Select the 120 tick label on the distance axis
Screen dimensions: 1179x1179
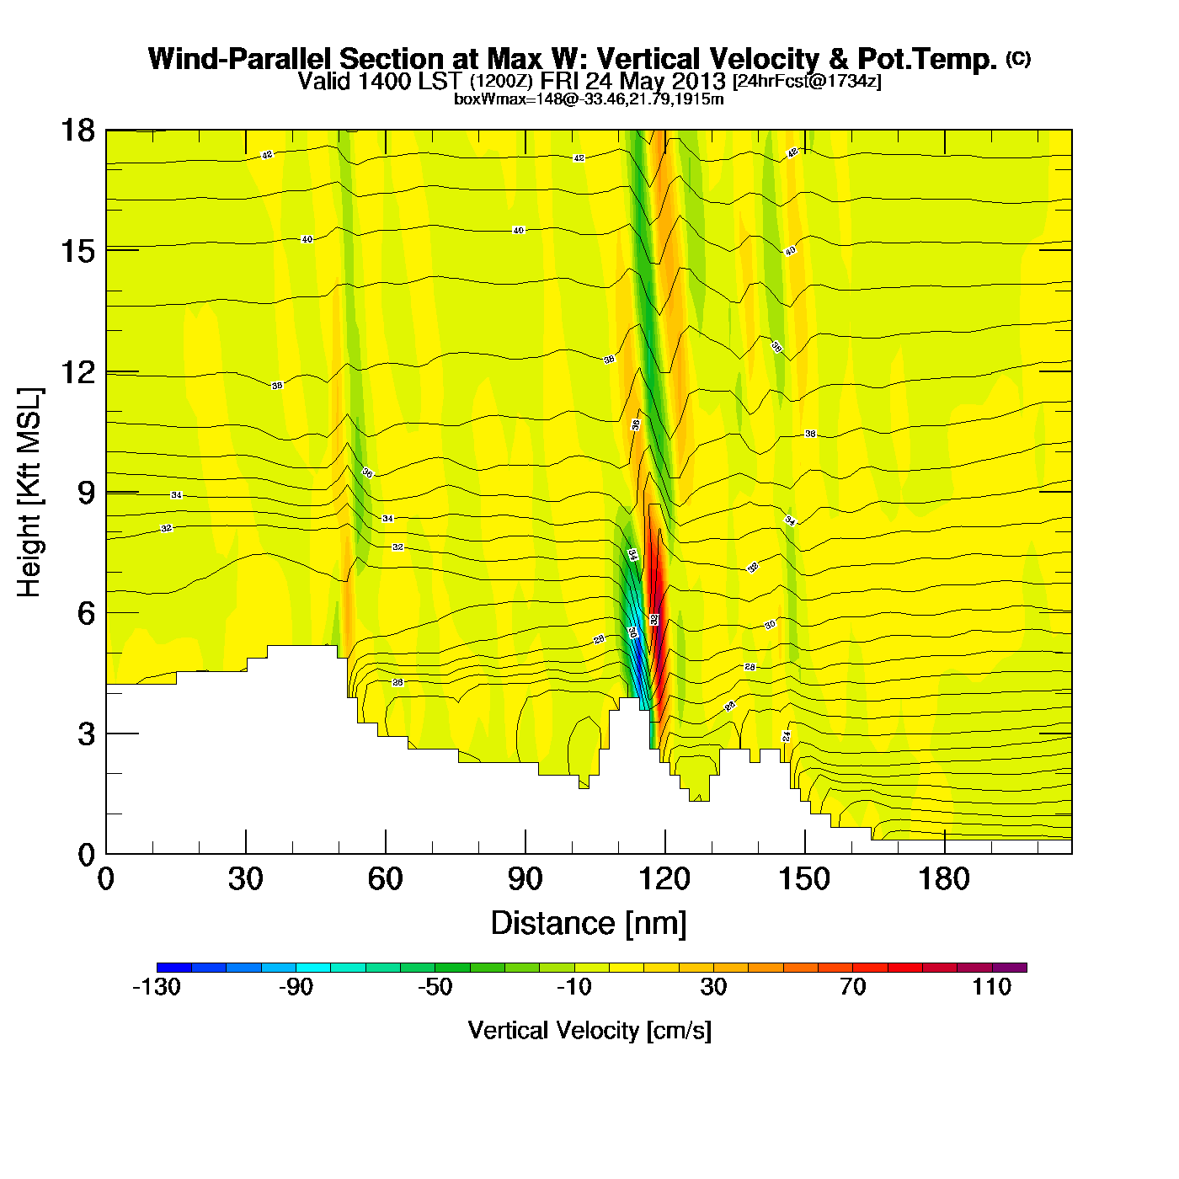pos(664,879)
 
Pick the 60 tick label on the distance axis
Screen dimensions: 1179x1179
pos(385,879)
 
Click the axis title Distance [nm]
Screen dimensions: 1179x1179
pos(589,923)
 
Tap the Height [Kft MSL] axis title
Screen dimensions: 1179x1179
pos(29,493)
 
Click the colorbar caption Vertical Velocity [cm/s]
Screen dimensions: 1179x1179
pos(589,1030)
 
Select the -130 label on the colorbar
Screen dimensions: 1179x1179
pos(157,987)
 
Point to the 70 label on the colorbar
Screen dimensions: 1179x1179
pos(852,987)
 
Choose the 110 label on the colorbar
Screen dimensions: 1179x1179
pos(991,987)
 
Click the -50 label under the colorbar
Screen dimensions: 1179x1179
pos(435,987)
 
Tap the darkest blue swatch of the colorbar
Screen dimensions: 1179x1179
pos(173,967)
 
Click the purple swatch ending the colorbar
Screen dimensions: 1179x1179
pos(1009,967)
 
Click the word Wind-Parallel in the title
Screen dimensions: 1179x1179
pos(242,59)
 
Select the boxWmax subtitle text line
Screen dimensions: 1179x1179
pos(589,99)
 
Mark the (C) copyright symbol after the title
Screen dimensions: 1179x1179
pos(1017,58)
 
